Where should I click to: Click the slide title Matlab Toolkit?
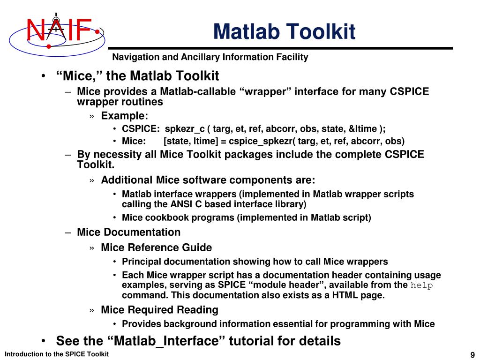[284, 32]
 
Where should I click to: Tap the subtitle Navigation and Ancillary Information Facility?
[210, 57]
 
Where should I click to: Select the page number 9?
[472, 354]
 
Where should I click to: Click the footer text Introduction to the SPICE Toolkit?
[57, 354]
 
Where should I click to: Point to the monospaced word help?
[422, 285]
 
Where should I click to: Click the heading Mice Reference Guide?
[156, 247]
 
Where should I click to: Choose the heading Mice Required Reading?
[159, 310]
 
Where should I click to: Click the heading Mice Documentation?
[128, 232]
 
